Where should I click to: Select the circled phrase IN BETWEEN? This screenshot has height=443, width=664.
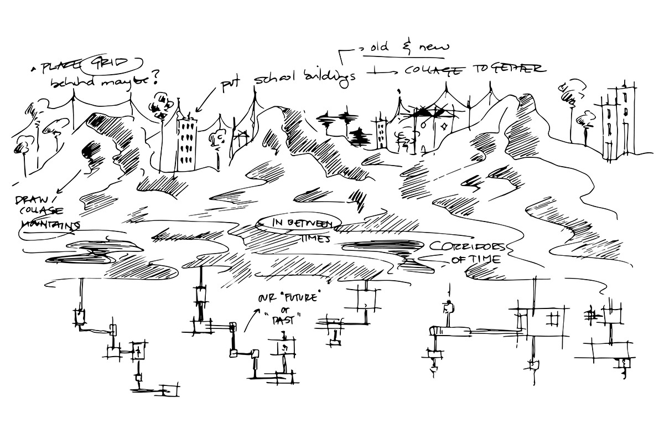click(x=299, y=223)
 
